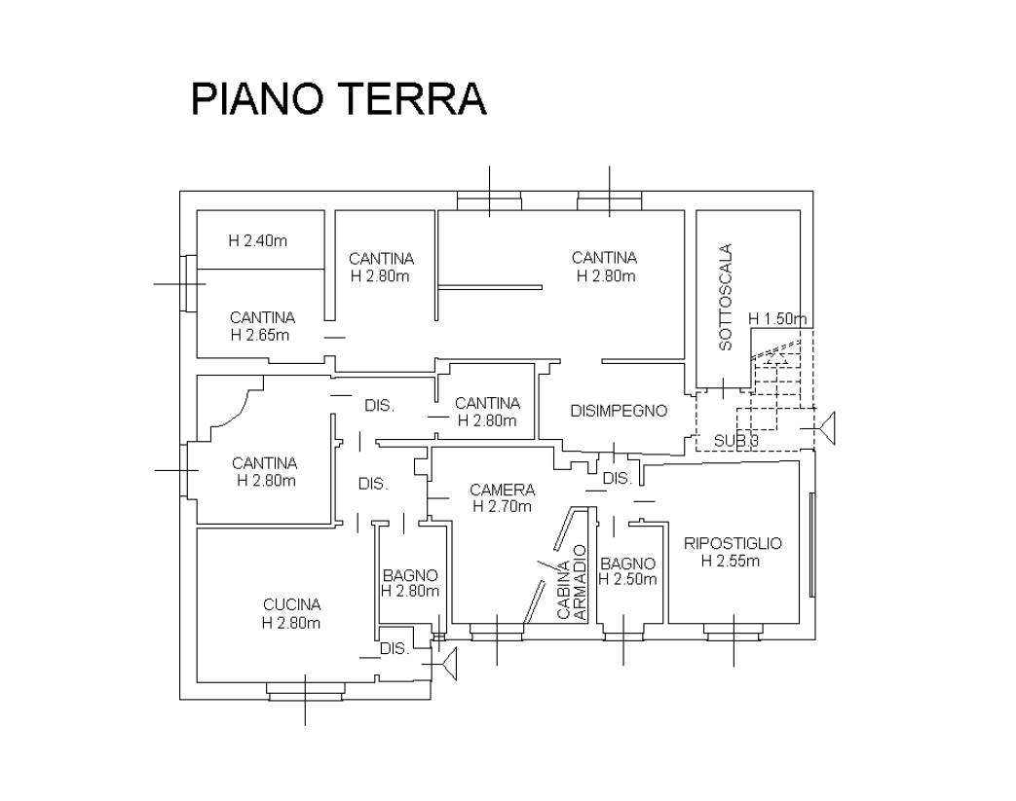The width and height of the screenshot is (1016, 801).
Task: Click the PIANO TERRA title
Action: coord(338,99)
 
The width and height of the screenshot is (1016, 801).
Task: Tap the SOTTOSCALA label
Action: coord(725,297)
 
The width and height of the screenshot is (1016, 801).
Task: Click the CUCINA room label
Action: coord(290,604)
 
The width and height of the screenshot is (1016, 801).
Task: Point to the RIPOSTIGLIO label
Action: coord(734,543)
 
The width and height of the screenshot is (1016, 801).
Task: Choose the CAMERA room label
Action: coord(502,490)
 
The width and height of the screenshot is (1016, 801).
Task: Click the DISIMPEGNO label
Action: coord(619,411)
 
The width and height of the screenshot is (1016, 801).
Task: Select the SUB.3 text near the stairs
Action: coord(736,441)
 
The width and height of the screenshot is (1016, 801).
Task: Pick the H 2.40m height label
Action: coord(258,240)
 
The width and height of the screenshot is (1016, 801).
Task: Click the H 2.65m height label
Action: coord(260,335)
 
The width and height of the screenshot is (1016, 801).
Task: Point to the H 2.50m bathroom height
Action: coord(627,580)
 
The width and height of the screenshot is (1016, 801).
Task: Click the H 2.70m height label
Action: coord(502,506)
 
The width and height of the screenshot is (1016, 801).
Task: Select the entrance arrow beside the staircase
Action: coord(829,427)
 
